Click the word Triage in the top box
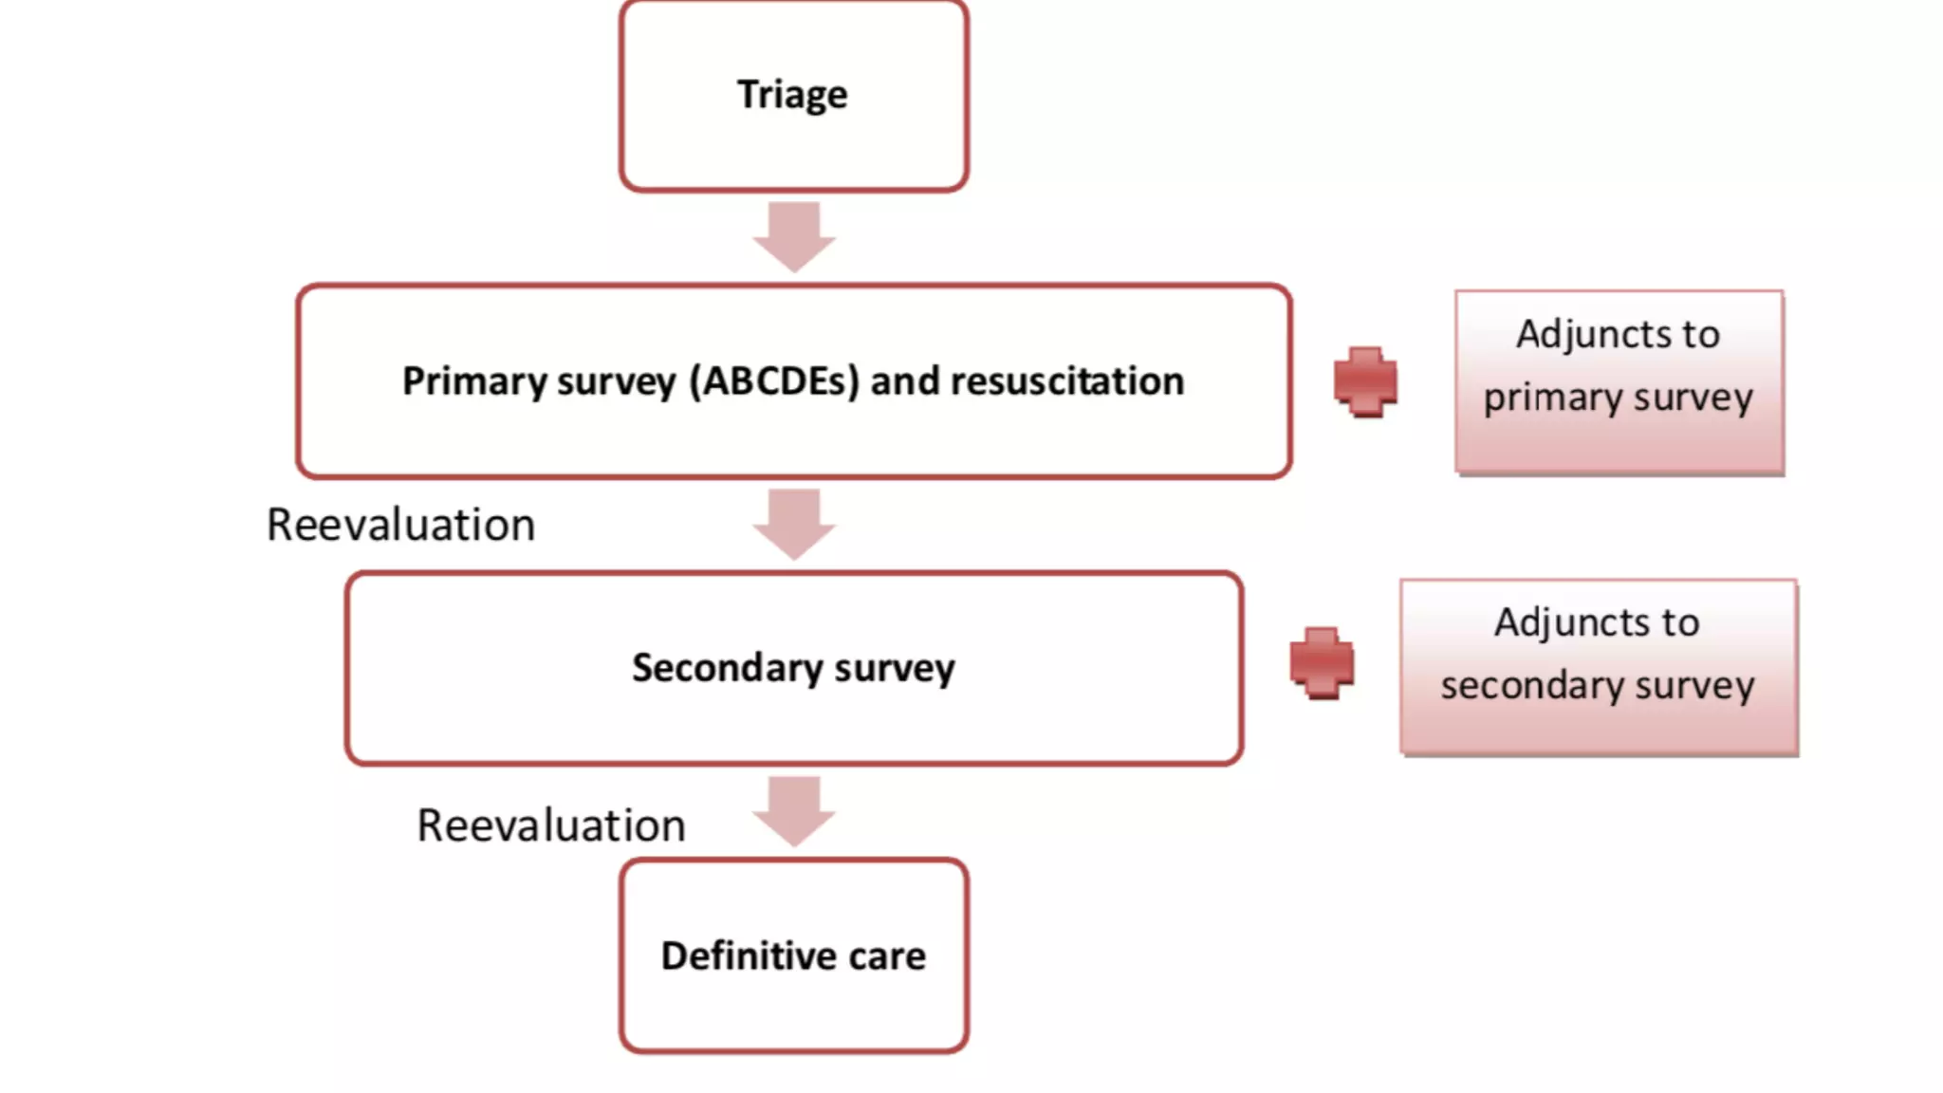pos(792,95)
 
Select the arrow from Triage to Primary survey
pos(794,235)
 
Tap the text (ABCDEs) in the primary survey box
pos(774,381)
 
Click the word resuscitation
pos(1067,381)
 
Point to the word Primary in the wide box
pos(474,381)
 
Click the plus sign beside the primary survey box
pos(1365,381)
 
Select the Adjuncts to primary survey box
pos(1619,381)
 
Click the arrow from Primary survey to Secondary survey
pos(794,523)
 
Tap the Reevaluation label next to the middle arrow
pos(400,525)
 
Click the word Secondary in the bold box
pos(728,668)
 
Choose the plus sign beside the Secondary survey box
pos(1322,662)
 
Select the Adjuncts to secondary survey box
pos(1599,666)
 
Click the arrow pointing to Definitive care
pos(794,810)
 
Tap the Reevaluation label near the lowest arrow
pos(550,825)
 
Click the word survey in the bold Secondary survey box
pos(895,668)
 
